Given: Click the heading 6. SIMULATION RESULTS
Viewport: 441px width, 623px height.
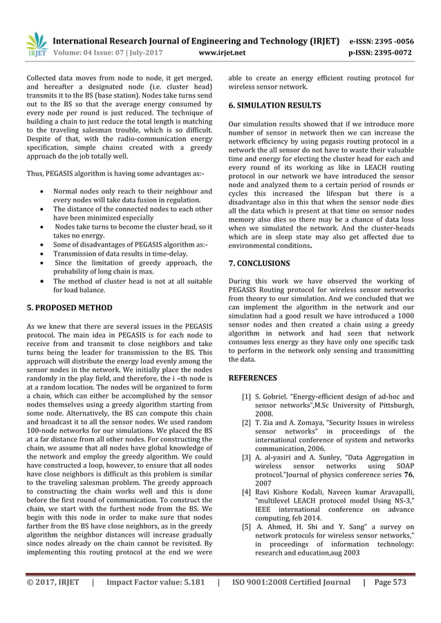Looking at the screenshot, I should [274, 106].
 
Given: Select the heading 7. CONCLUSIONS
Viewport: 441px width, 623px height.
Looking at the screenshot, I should [259, 263].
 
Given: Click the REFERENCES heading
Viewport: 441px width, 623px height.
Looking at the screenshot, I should [252, 378].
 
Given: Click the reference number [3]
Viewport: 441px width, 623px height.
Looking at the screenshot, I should [246, 457].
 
